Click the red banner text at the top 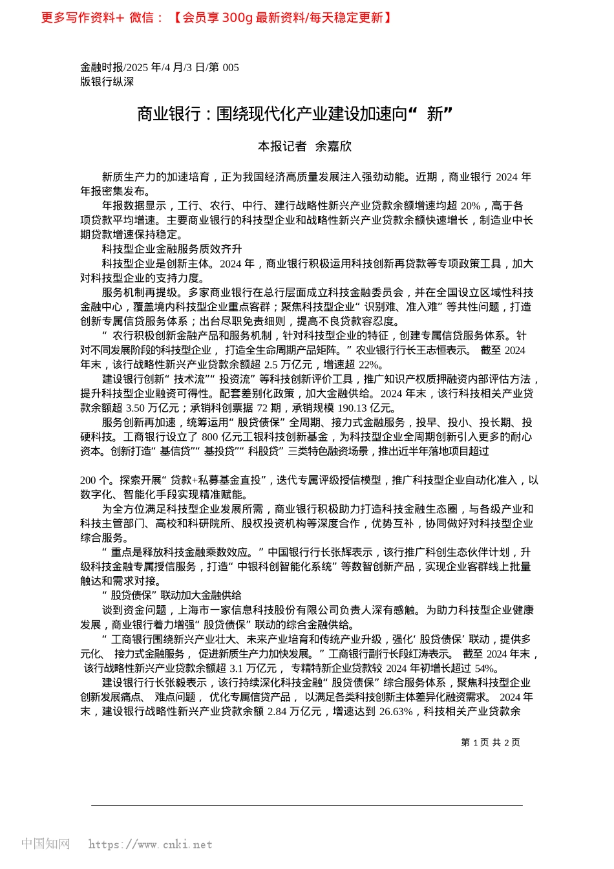[217, 17]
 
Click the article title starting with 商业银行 [294, 114]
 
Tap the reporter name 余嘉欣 [333, 147]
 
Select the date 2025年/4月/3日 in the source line [165, 67]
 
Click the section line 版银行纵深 [107, 81]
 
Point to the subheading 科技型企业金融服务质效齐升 [172, 249]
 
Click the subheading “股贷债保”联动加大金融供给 [172, 595]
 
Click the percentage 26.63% [396, 711]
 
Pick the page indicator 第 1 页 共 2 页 [490, 742]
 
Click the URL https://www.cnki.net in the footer [150, 844]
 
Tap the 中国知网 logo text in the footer [45, 843]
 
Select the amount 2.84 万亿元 [294, 711]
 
